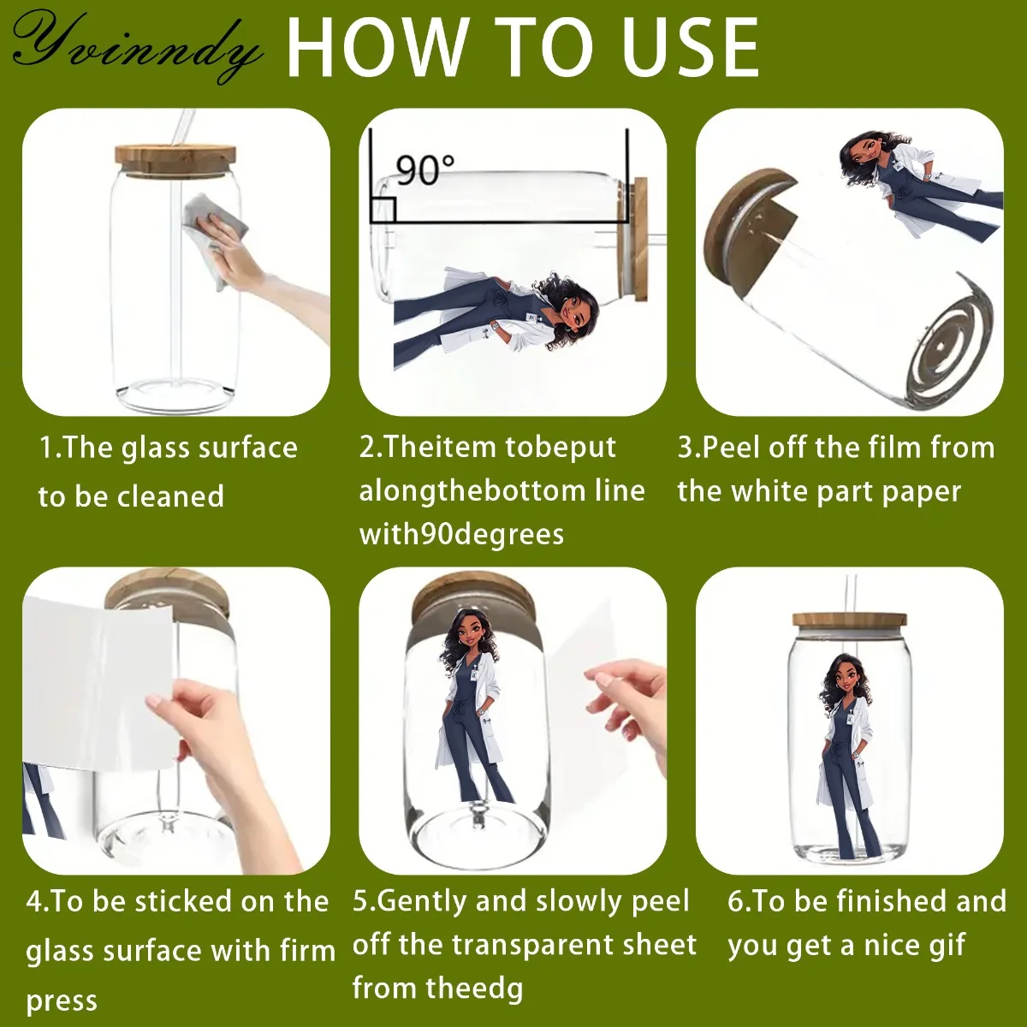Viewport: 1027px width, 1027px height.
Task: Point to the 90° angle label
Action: coord(424,169)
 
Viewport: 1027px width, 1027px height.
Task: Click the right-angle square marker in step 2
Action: coord(383,210)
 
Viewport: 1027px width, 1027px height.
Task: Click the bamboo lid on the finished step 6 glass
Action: coord(849,620)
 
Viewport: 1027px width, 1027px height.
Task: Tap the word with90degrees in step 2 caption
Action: coord(461,535)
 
